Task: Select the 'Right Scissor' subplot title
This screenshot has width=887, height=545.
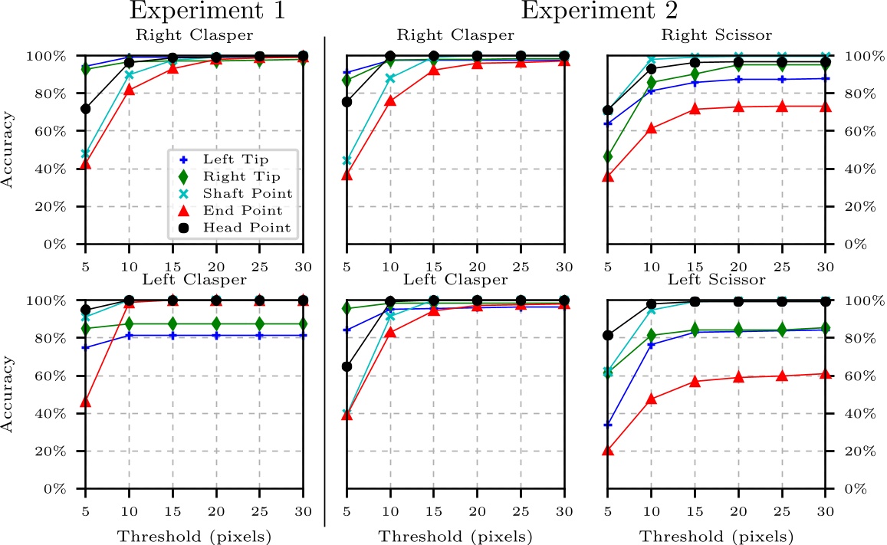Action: pos(718,35)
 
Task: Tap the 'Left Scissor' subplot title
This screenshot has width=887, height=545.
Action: pos(718,280)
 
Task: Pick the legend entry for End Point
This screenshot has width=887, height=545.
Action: pos(244,210)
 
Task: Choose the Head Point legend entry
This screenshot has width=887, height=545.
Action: pos(247,228)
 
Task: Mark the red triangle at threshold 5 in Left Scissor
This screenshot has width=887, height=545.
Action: pos(608,451)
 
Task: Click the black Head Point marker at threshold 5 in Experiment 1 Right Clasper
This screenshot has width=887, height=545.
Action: pos(86,109)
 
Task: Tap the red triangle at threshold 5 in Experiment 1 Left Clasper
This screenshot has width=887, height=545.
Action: pos(86,402)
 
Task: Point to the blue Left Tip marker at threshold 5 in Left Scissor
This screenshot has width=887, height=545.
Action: pos(608,424)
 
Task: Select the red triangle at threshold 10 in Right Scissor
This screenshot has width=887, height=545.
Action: pos(652,129)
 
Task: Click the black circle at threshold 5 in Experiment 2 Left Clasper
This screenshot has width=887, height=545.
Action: pos(347,366)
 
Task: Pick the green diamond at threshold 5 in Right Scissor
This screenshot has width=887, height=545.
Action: pos(608,156)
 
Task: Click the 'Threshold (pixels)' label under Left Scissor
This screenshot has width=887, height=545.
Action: pos(718,536)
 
